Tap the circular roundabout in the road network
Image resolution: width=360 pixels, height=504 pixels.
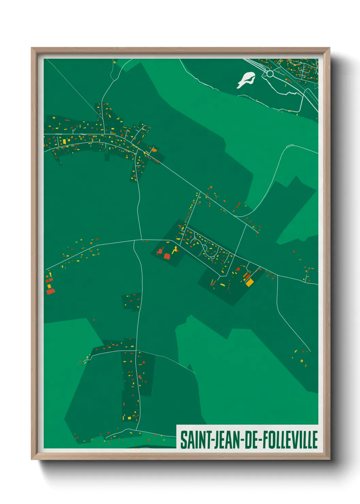(x=270, y=74)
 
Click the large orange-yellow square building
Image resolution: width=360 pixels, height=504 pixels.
(x=249, y=282)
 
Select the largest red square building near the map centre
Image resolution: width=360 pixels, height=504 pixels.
(x=167, y=256)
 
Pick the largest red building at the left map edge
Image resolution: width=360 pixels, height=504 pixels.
(x=50, y=291)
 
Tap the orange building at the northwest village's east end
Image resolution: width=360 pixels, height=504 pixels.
(x=154, y=149)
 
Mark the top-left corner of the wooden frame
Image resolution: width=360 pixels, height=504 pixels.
(x=32, y=48)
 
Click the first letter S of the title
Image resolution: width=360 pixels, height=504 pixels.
(x=183, y=440)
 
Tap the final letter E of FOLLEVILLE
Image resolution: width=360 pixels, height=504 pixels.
(x=315, y=440)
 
